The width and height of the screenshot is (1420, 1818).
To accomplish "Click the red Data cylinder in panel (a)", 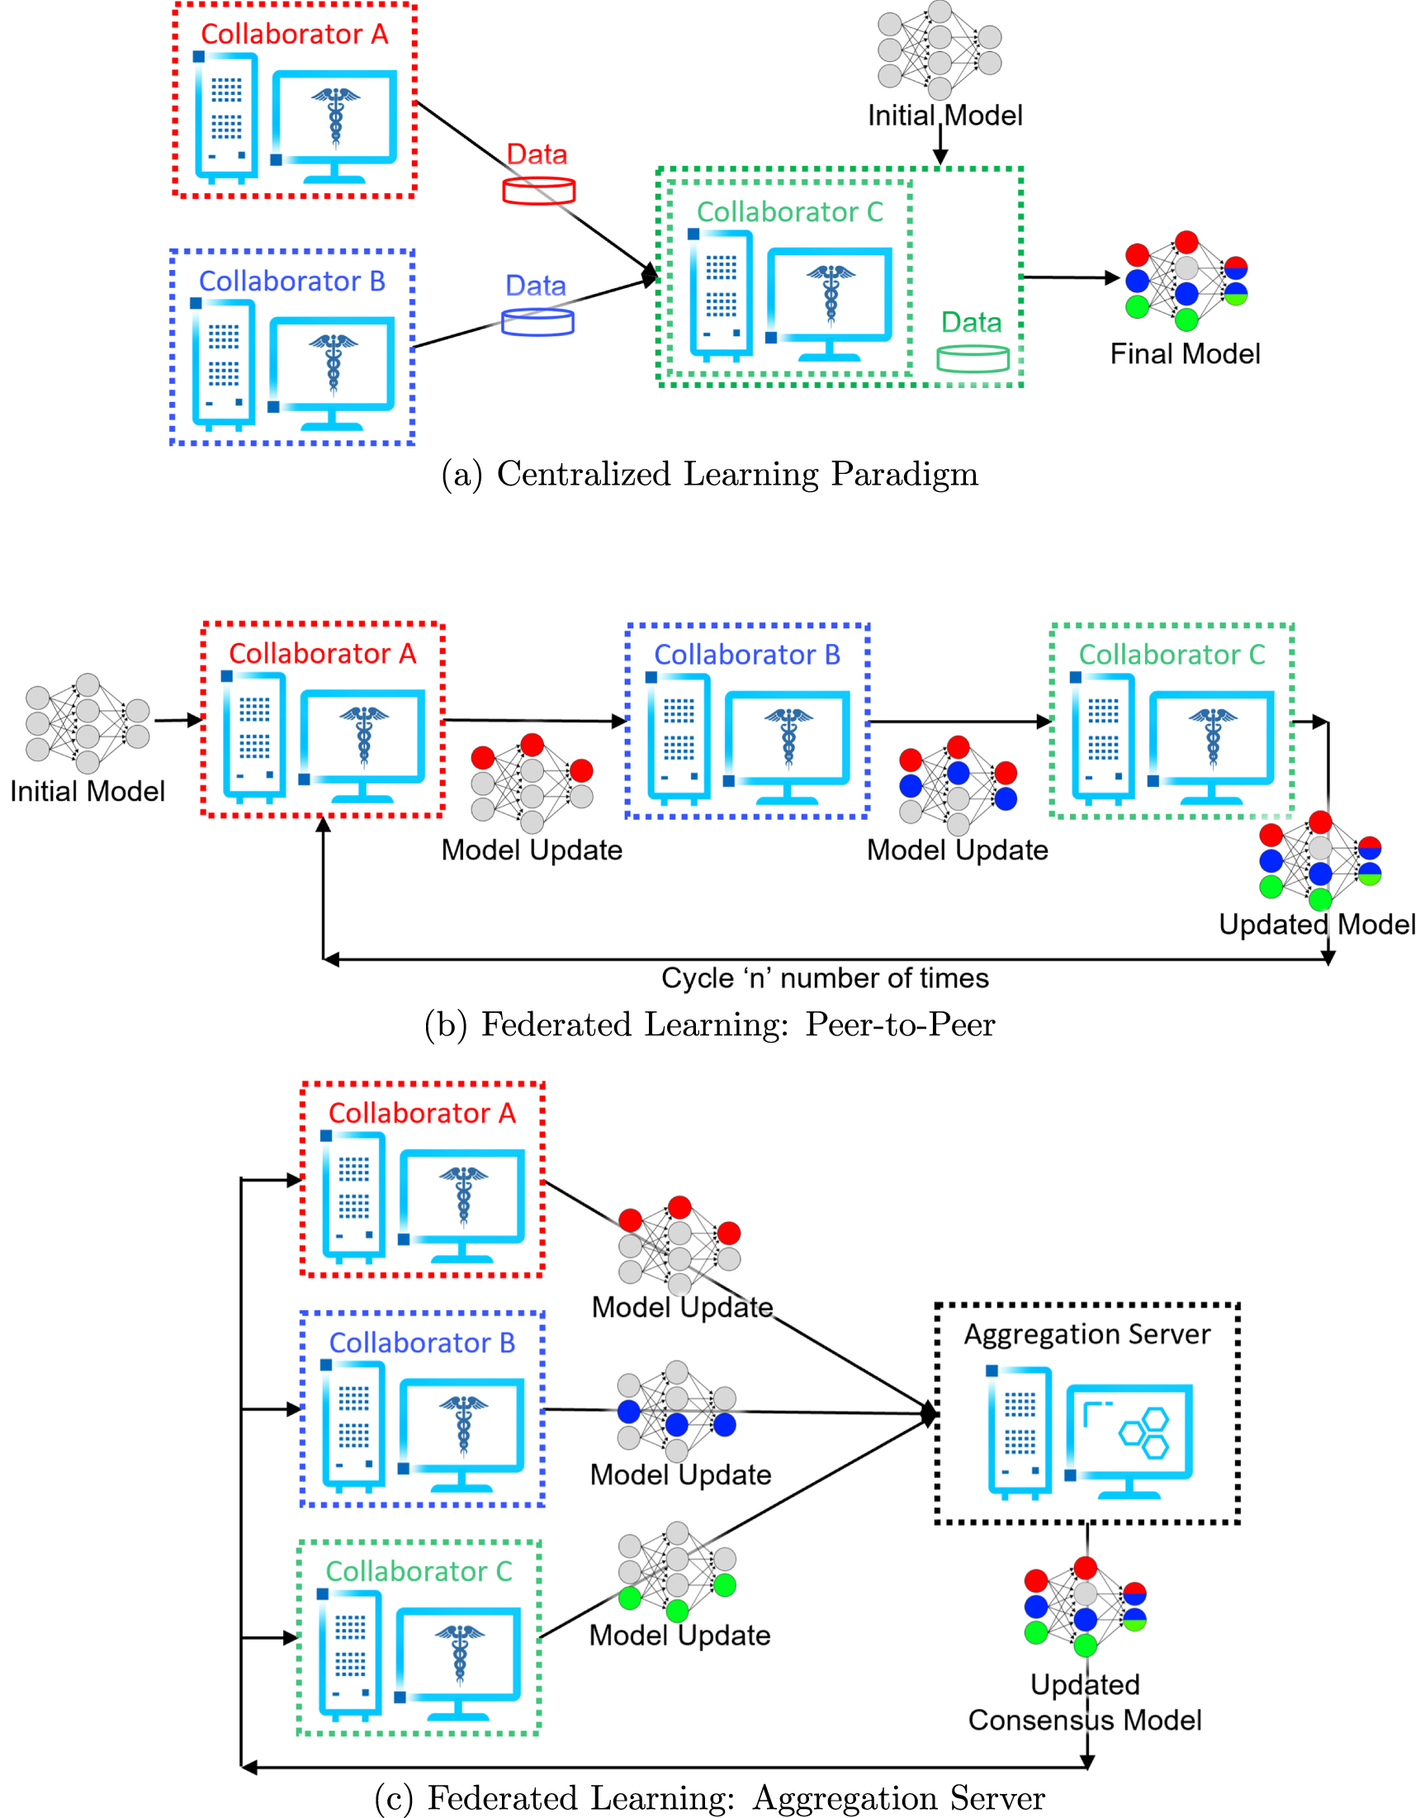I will click(x=538, y=191).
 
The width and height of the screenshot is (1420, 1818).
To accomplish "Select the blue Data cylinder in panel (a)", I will click(x=537, y=322).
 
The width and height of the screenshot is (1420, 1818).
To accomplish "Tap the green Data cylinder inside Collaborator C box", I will click(x=973, y=359).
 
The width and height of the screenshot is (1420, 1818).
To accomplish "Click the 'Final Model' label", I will click(x=1185, y=354).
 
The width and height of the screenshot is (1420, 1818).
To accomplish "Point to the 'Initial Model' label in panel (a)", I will click(x=944, y=116).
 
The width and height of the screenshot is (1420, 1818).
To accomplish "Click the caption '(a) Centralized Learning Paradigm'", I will click(x=709, y=474).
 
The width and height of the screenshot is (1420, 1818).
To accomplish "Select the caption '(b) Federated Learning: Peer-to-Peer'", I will click(x=709, y=1024).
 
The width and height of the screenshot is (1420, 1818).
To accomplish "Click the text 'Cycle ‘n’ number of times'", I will click(x=824, y=978).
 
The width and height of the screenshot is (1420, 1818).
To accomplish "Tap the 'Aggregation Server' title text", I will click(x=1086, y=1333).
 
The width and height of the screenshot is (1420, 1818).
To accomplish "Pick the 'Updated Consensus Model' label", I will click(x=1085, y=1702).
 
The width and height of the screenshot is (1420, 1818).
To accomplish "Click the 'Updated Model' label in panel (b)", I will click(x=1316, y=924).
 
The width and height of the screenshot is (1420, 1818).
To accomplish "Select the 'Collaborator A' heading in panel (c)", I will click(x=422, y=1113).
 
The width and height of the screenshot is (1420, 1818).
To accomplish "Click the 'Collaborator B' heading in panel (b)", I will click(x=746, y=654).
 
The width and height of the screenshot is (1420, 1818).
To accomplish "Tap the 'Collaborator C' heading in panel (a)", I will click(x=789, y=212).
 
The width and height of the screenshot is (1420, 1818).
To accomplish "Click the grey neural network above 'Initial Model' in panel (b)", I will click(x=88, y=723).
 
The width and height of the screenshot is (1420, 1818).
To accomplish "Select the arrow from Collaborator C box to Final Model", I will click(x=1070, y=277).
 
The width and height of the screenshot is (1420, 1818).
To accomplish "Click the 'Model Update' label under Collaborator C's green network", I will click(x=679, y=1635).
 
